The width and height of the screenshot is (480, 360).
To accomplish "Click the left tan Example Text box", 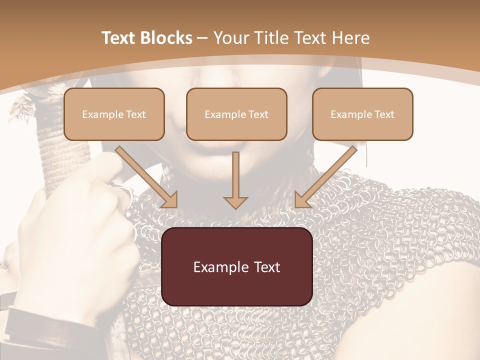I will click(x=114, y=114).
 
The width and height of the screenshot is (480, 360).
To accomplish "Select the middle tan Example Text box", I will click(x=236, y=114).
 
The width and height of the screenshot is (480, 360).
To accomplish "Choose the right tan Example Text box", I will click(x=362, y=114).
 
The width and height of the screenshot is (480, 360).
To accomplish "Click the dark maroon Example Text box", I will click(x=237, y=267).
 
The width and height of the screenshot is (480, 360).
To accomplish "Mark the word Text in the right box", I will click(x=384, y=114).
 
